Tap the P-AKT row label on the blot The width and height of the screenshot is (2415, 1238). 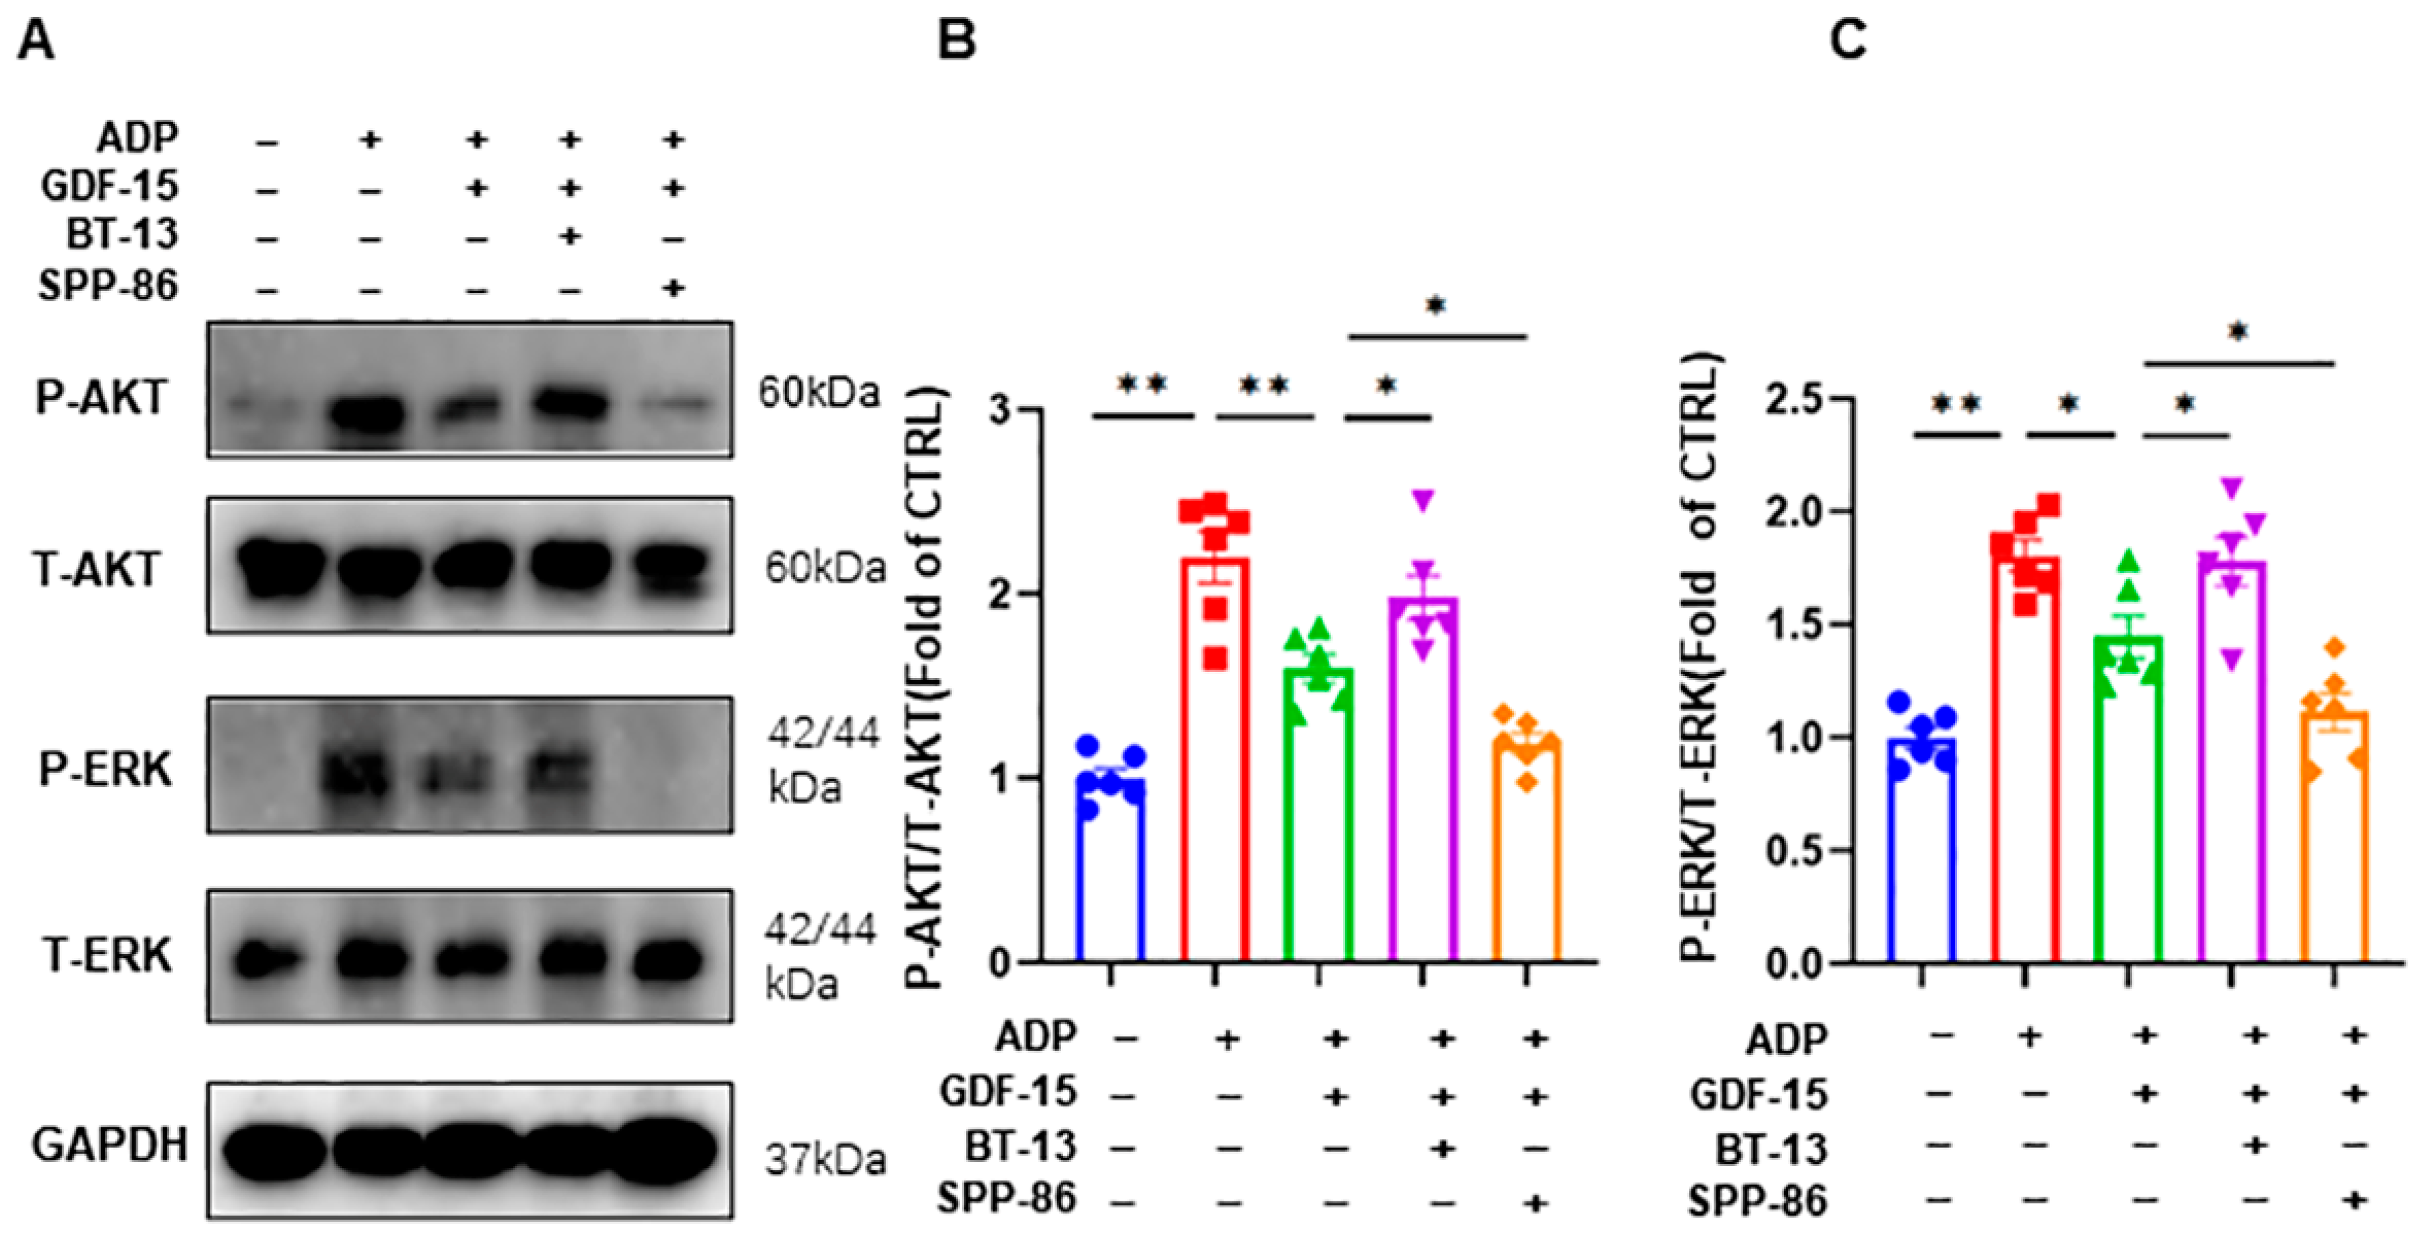click(x=100, y=397)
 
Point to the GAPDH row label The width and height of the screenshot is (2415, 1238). click(x=110, y=1144)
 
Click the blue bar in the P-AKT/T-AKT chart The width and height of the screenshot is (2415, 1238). click(x=1111, y=872)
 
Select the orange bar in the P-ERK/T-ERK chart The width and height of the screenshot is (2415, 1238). click(x=2334, y=843)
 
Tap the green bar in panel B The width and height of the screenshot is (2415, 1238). click(x=1319, y=816)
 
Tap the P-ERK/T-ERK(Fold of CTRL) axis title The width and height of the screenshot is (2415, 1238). click(x=1699, y=656)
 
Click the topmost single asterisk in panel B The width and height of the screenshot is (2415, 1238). click(x=1436, y=306)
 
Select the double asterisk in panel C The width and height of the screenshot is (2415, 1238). click(x=1956, y=405)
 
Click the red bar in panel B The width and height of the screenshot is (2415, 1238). click(x=1215, y=759)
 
